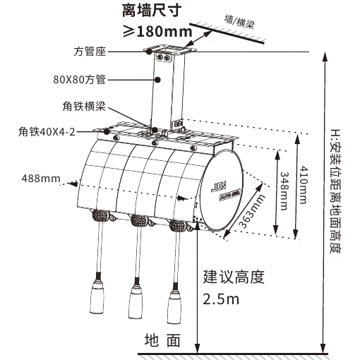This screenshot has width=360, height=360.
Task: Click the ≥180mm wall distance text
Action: point(157,31)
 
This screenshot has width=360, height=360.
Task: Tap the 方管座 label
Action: point(90,52)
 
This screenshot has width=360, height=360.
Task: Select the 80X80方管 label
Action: point(79,80)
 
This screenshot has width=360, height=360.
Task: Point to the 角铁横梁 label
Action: point(84,106)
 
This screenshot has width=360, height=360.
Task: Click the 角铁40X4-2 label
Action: point(47,132)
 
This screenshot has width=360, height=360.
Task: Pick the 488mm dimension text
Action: point(41,179)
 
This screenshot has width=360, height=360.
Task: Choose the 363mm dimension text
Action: point(252,212)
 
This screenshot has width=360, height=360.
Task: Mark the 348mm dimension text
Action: point(284,191)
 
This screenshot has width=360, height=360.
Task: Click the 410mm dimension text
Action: point(304,185)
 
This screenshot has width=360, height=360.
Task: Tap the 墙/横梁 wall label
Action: point(239,23)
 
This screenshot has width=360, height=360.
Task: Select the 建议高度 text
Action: point(234,277)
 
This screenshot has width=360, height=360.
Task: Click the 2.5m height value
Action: point(221,299)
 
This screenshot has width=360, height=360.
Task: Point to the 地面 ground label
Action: point(162,340)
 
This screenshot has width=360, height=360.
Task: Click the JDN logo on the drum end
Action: point(218,186)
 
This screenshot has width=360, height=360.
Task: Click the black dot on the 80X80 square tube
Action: point(158,80)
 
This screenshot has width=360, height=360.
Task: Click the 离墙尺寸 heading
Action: point(152,10)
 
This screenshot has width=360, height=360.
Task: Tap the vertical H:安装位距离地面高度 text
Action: point(335,191)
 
